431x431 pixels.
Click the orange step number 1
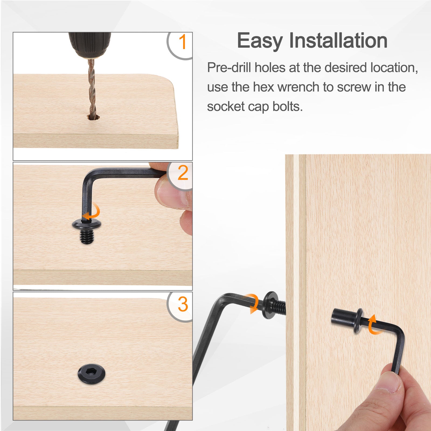183,42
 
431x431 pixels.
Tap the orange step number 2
183,173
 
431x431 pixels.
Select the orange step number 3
183,304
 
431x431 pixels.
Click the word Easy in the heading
260,41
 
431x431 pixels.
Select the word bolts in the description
288,106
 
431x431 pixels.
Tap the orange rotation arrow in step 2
92,211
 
